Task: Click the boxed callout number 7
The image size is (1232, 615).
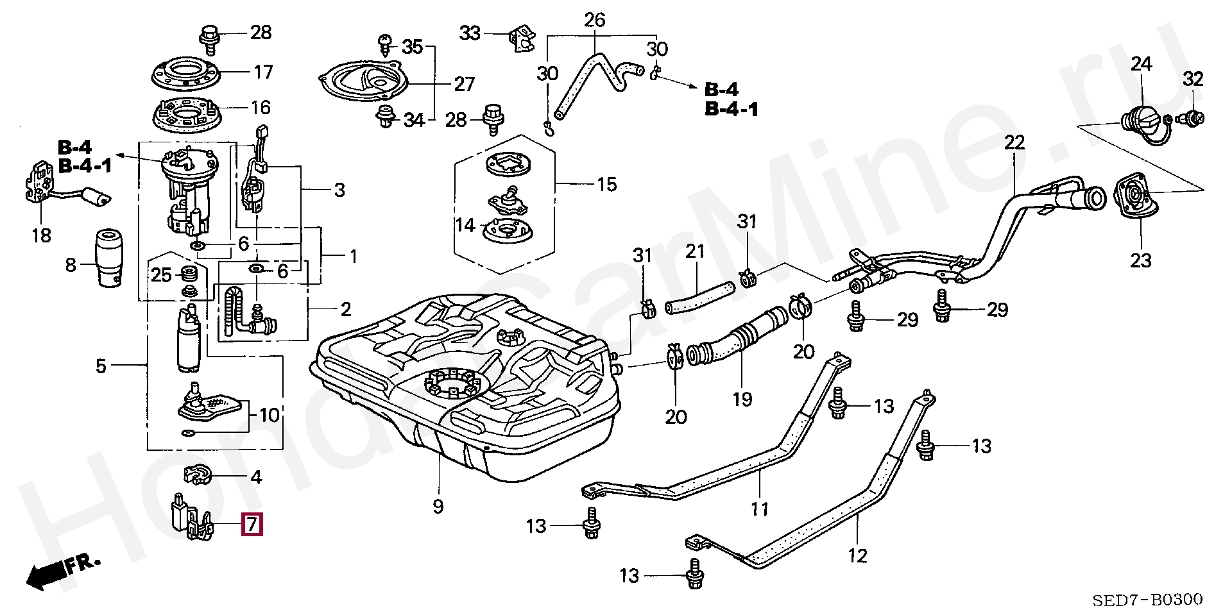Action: [252, 525]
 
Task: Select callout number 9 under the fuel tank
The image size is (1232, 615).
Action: [438, 507]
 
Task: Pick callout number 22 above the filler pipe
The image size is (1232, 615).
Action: [1014, 142]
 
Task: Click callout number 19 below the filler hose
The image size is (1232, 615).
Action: [742, 400]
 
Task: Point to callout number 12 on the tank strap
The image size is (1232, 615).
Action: [857, 555]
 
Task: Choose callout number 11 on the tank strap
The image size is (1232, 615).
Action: [760, 510]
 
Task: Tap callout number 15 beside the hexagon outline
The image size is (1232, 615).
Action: [606, 185]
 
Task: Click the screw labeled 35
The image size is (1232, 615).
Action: [385, 44]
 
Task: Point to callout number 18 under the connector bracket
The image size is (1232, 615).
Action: [41, 235]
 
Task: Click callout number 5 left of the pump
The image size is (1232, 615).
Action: [101, 366]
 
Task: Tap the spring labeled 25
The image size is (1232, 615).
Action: [189, 274]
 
